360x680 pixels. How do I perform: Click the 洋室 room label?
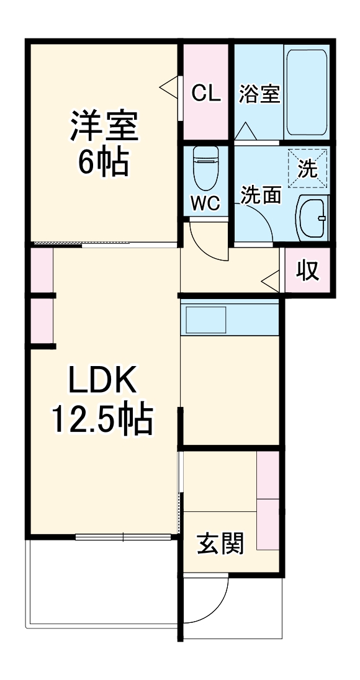[103, 126]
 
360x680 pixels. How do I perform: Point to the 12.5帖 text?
[102, 421]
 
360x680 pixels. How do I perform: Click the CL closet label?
[205, 93]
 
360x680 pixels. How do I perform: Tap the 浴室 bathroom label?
[259, 93]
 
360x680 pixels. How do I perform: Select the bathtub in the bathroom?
[307, 92]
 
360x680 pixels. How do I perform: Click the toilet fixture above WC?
[205, 169]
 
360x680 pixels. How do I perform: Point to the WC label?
[205, 204]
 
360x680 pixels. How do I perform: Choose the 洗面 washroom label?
[261, 195]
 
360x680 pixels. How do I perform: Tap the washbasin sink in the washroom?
[312, 217]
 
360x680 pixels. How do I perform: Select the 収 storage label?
[307, 272]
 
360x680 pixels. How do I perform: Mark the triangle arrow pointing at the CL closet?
[169, 86]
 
